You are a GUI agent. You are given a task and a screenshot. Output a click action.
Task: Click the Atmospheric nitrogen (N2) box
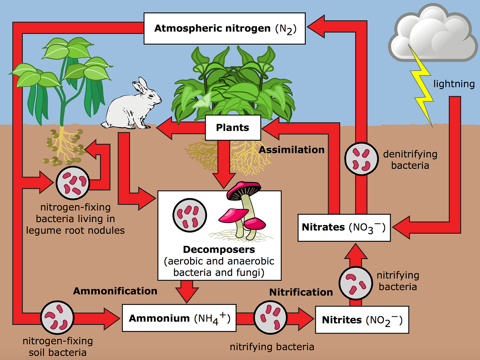[x=225, y=28]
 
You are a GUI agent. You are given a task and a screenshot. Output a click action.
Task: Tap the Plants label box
[x=233, y=127]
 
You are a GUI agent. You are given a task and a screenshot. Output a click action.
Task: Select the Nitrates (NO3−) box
[x=344, y=227]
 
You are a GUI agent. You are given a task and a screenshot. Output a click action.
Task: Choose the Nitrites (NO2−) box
[x=362, y=320]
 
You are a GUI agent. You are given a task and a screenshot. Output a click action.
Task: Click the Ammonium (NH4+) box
[x=179, y=318]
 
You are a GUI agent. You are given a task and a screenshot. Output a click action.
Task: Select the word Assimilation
[x=291, y=150]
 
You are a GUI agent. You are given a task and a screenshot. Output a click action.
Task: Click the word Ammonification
[x=115, y=291]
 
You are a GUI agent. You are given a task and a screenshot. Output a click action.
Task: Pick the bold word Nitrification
[x=301, y=292]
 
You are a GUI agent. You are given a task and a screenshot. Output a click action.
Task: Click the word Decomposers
[x=219, y=249]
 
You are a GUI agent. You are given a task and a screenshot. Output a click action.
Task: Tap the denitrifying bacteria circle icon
[x=361, y=159]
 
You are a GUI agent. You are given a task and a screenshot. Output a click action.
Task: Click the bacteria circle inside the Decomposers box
[x=190, y=215]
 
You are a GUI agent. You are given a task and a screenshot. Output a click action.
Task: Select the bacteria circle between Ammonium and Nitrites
[x=270, y=317]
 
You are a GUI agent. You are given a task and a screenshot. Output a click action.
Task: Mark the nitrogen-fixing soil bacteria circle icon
[x=57, y=318]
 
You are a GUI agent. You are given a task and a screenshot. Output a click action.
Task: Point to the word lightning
[x=454, y=84]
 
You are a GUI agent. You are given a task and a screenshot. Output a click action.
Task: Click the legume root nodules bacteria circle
[x=73, y=183]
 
